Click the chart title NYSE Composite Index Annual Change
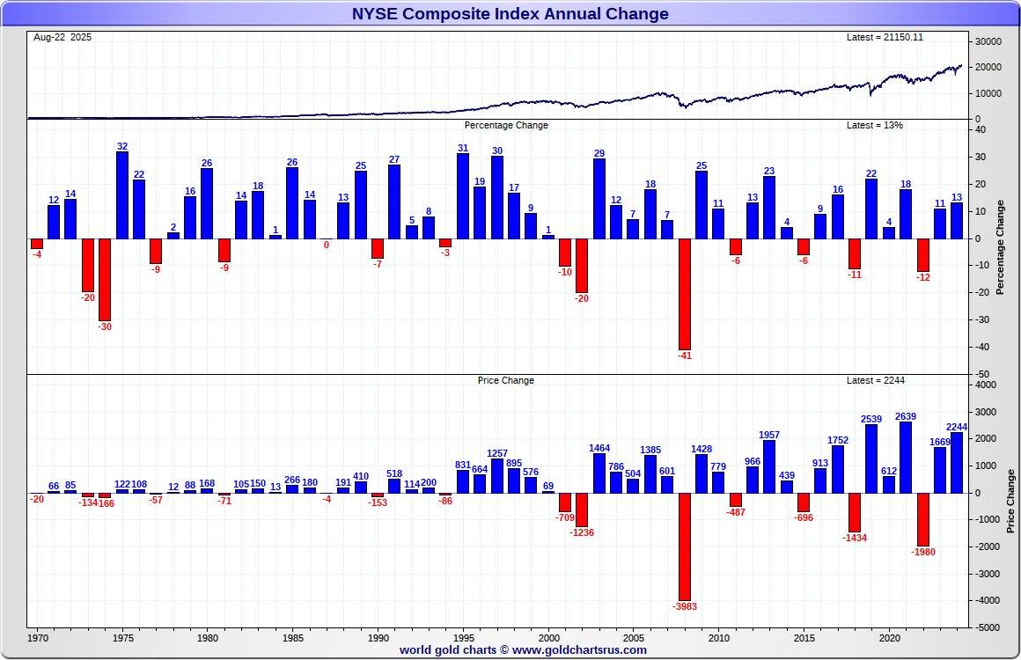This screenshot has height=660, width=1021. [x=510, y=13]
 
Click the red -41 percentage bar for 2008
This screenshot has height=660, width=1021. [x=684, y=294]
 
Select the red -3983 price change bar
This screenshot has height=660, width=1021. [x=684, y=546]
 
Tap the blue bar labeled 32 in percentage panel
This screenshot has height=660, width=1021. [x=122, y=194]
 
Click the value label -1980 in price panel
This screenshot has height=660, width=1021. [x=923, y=553]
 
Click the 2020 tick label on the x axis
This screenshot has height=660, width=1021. [x=889, y=635]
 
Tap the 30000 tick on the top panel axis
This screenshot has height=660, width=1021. [x=991, y=41]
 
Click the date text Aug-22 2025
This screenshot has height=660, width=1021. [x=62, y=37]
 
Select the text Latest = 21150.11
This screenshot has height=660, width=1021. [x=884, y=37]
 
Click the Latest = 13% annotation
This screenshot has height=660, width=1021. [x=874, y=125]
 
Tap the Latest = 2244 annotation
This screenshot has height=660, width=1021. [x=876, y=380]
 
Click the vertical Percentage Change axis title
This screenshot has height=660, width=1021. [x=1000, y=247]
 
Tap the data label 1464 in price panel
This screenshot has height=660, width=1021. [x=599, y=448]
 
